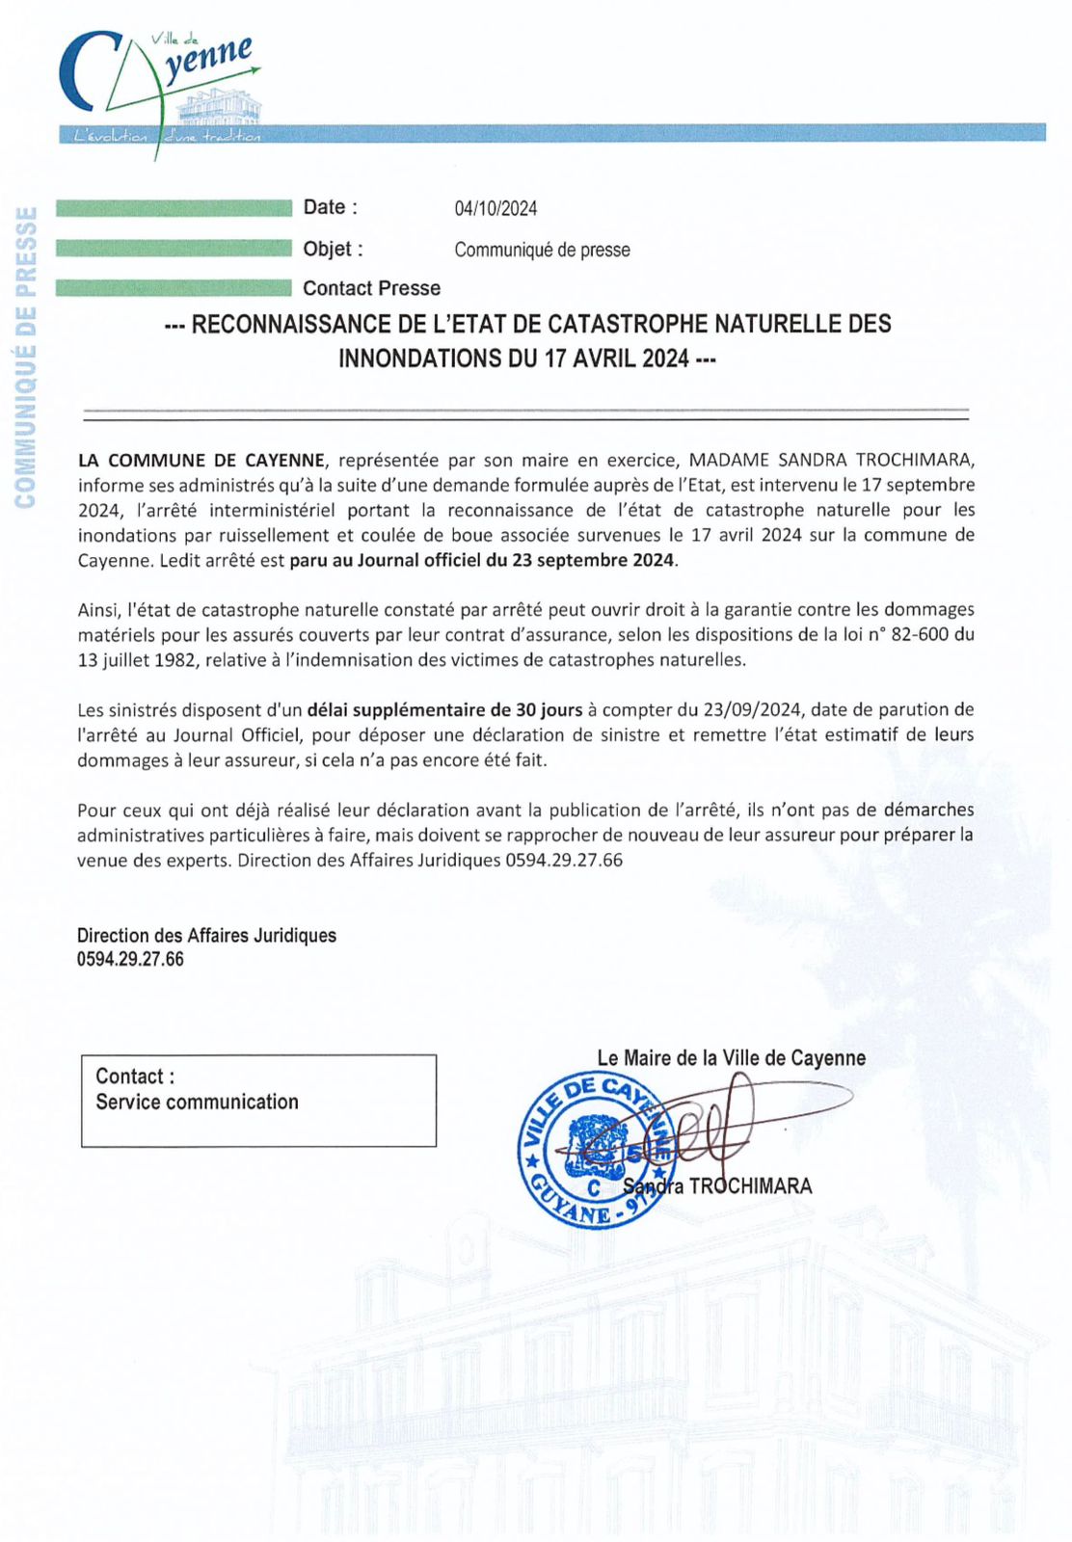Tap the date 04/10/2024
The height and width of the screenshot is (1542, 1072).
(496, 208)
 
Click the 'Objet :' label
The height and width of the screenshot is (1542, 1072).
(333, 249)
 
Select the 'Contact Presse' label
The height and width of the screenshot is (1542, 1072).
(371, 288)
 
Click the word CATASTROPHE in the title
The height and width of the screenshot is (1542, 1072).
(628, 324)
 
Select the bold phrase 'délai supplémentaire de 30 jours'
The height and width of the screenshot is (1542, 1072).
(444, 710)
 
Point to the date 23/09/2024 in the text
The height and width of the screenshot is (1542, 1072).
(753, 710)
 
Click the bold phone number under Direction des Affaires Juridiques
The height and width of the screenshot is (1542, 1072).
(130, 959)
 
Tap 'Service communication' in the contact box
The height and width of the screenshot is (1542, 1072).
(197, 1102)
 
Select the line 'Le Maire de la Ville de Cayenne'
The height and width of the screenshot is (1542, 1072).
(731, 1058)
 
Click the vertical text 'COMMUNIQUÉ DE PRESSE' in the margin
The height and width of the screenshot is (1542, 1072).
(25, 357)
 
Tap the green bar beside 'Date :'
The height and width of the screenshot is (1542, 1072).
(174, 207)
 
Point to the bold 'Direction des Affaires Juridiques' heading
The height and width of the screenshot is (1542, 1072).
(206, 935)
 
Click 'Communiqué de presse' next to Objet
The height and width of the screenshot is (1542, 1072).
(542, 250)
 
